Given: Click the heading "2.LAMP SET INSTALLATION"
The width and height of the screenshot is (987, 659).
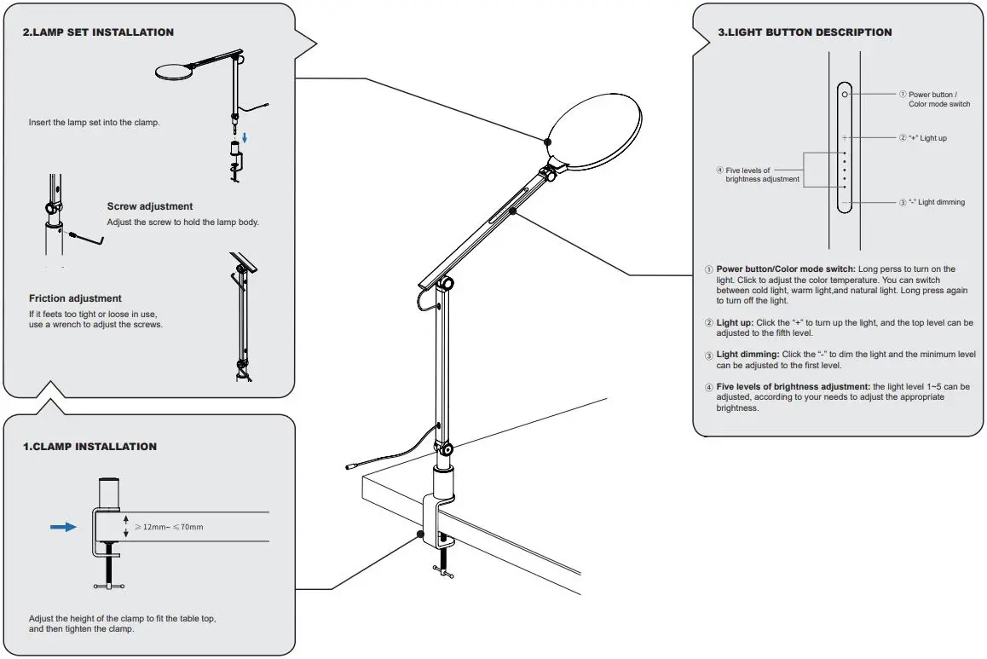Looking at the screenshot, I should tap(98, 32).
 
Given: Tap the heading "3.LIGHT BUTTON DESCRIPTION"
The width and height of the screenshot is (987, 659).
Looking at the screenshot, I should tap(805, 32).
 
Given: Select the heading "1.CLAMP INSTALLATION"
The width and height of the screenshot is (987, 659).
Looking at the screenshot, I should tap(89, 447).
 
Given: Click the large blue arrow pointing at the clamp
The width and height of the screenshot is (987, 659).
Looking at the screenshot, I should tap(63, 527).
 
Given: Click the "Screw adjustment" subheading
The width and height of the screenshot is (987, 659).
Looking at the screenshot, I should tap(150, 206).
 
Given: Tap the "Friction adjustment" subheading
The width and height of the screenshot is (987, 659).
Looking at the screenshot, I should tap(75, 298).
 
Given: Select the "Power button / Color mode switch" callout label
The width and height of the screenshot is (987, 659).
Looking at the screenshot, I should tap(938, 99).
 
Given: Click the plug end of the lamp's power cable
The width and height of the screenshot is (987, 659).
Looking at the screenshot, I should tap(349, 466).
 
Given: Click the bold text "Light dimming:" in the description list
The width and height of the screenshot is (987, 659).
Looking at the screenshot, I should tap(747, 355).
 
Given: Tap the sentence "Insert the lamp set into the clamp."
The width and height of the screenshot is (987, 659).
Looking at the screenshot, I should tap(94, 122).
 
